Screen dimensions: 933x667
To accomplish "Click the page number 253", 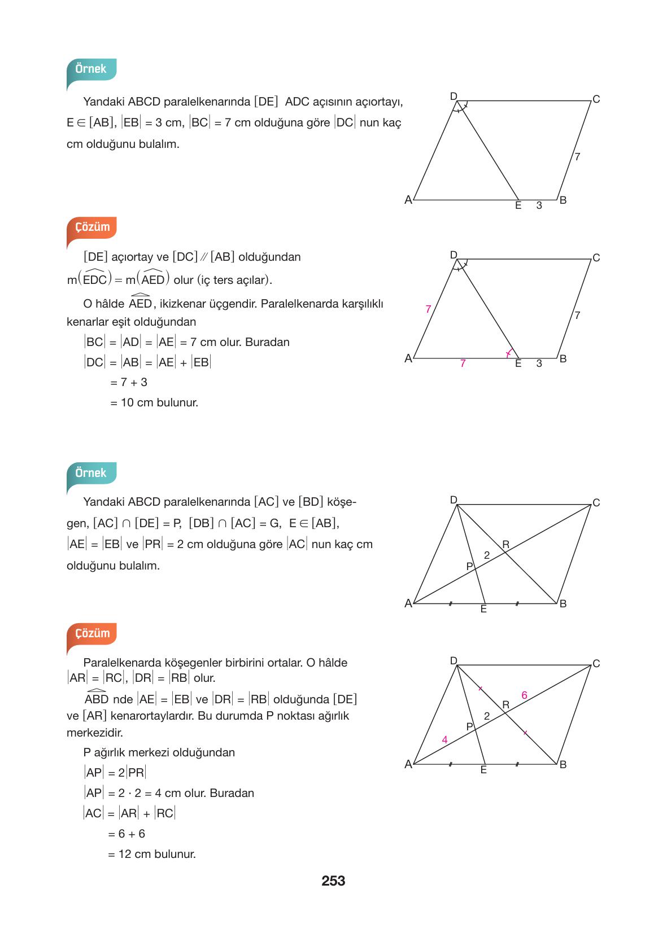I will click(333, 881).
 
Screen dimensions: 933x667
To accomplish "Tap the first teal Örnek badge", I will click(91, 69).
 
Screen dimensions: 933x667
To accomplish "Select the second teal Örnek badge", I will click(91, 473).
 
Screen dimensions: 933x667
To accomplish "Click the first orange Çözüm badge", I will click(92, 227).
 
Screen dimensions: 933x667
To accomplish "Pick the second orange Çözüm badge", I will click(92, 633).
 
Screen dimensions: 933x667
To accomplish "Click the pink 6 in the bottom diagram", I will click(524, 695).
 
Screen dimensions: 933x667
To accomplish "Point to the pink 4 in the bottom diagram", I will click(444, 740).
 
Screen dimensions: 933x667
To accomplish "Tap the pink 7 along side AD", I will click(428, 309).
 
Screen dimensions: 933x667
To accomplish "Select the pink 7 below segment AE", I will click(463, 363).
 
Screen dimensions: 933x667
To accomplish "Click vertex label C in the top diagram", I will click(596, 99).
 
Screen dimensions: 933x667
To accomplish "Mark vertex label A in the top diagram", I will click(408, 200).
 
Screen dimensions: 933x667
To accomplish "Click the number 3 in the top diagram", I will click(539, 205).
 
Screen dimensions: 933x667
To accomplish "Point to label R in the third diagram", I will click(505, 545).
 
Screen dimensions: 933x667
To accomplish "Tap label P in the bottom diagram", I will click(469, 727).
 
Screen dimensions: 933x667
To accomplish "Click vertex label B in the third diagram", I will click(563, 603).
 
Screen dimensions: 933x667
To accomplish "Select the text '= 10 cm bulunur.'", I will click(154, 402).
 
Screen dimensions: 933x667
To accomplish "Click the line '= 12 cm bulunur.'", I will click(152, 854).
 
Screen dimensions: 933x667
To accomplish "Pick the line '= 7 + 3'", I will click(129, 382).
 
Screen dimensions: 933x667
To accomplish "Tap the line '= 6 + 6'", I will click(127, 834).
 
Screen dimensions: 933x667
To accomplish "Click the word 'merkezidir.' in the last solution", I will click(95, 733).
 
